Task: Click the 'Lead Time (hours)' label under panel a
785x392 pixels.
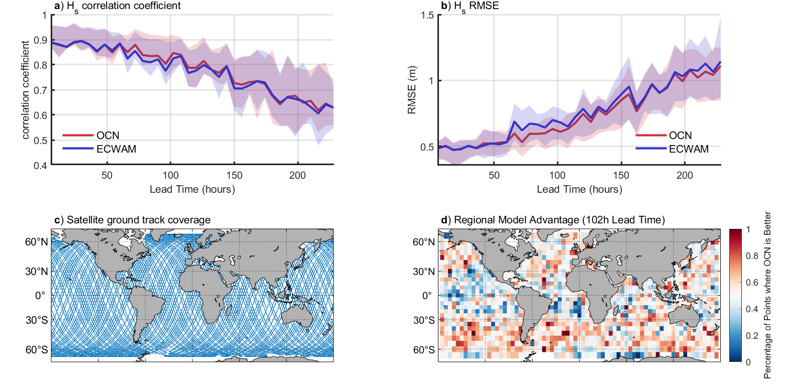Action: coord(192,189)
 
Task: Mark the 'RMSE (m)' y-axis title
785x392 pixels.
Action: coord(412,90)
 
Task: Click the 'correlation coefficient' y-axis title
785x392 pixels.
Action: coord(25,90)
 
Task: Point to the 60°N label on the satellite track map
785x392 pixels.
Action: coord(37,242)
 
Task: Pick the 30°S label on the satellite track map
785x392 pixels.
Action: coord(37,320)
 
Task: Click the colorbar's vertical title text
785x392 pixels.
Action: coord(767,295)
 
